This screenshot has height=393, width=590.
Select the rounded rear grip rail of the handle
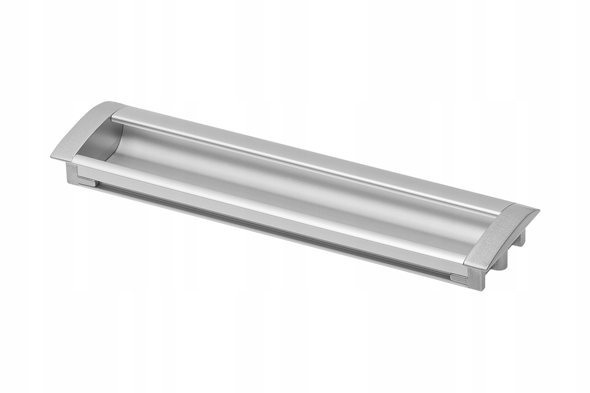(x=305, y=157)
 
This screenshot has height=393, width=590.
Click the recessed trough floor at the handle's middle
(x=295, y=189)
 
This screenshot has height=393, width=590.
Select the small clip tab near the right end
(x=460, y=279)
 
